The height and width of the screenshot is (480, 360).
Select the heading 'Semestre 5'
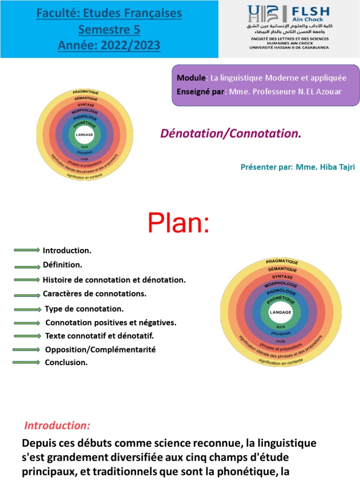pyautogui.click(x=109, y=30)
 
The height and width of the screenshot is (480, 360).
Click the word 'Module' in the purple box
pyautogui.click(x=191, y=78)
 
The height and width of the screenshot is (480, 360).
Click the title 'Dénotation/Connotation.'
pyautogui.click(x=231, y=134)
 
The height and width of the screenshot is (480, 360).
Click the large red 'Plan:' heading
pyautogui.click(x=178, y=223)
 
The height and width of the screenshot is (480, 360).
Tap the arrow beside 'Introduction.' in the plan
pyautogui.click(x=27, y=250)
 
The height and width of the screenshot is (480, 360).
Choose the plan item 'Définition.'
pyautogui.click(x=62, y=265)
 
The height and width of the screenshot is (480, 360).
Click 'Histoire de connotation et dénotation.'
pyautogui.click(x=114, y=280)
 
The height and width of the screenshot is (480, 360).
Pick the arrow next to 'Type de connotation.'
pyautogui.click(x=27, y=309)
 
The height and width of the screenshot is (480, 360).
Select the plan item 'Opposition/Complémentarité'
pyautogui.click(x=100, y=350)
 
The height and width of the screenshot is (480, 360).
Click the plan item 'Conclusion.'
pyautogui.click(x=66, y=362)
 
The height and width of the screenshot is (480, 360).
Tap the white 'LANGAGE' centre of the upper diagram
pyautogui.click(x=84, y=135)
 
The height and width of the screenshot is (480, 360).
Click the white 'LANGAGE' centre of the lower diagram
pyautogui.click(x=280, y=312)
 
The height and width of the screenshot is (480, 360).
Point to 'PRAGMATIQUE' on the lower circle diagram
pyautogui.click(x=282, y=262)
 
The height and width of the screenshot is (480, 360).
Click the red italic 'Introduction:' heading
pyautogui.click(x=57, y=426)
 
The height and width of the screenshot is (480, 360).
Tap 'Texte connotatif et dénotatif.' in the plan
pyautogui.click(x=99, y=336)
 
